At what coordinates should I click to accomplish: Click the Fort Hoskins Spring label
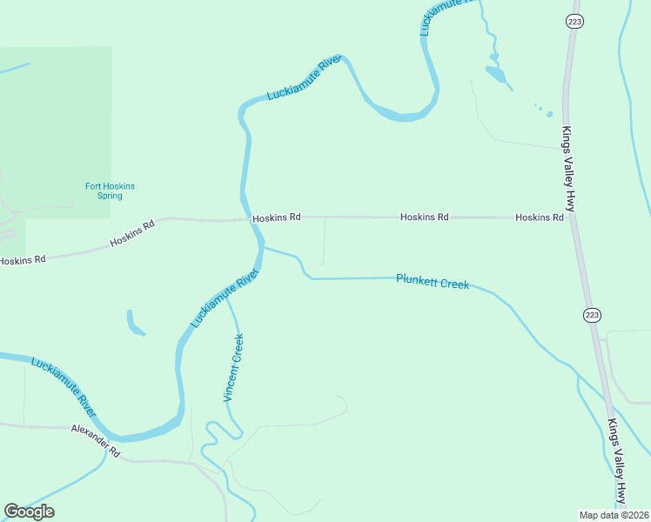[110, 191]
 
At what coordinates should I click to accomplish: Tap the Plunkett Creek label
[433, 282]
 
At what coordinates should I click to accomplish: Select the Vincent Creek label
[233, 367]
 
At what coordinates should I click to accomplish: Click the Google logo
[30, 512]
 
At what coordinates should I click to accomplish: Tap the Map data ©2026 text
[614, 515]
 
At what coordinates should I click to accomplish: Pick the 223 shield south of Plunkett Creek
[593, 313]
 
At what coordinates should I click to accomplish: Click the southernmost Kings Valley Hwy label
[617, 462]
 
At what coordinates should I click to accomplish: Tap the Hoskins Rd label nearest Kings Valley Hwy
[539, 217]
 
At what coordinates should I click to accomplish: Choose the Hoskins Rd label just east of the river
[277, 217]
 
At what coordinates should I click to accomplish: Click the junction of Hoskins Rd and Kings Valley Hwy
[572, 217]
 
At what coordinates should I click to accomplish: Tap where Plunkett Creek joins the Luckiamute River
[262, 248]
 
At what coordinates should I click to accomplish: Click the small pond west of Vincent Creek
[135, 323]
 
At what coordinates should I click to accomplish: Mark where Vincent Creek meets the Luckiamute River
[227, 298]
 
